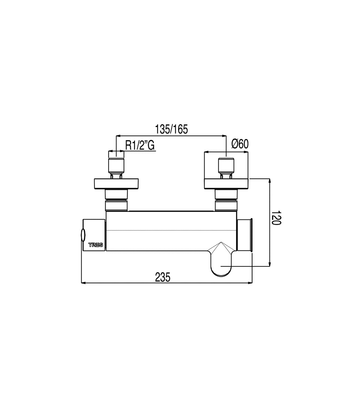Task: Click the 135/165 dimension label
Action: [171, 129]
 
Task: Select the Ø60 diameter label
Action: [240, 144]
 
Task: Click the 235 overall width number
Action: [163, 277]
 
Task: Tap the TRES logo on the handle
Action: [96, 245]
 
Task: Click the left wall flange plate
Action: [116, 184]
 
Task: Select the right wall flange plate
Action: [226, 184]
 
